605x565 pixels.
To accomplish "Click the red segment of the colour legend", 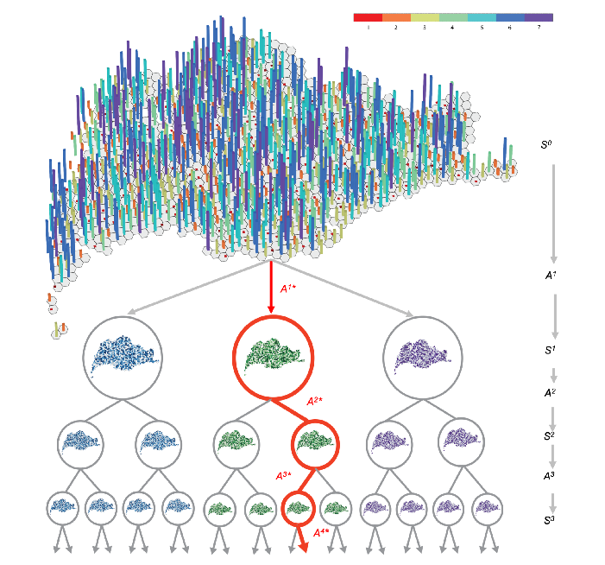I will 368,16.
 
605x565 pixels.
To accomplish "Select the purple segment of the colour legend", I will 539,16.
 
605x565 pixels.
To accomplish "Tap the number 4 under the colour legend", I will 453,28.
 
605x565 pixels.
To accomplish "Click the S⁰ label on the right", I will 546,144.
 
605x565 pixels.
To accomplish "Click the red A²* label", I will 317,402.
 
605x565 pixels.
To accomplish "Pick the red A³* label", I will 284,475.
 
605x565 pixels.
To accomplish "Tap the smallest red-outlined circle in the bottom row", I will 298,508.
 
